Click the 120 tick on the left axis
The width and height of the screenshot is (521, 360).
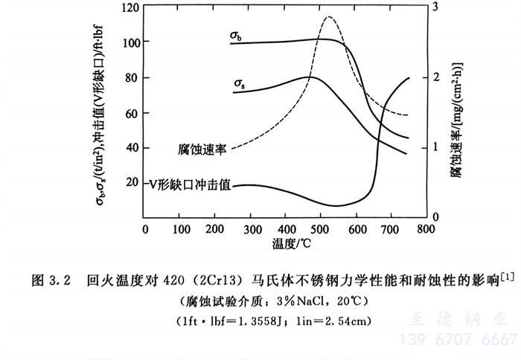130,8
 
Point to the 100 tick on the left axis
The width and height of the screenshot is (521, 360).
130,42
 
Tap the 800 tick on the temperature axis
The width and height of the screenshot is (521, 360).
426,229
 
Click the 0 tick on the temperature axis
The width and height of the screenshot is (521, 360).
146,229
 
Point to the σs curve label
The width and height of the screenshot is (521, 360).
240,83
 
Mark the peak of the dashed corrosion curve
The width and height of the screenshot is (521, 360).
328,17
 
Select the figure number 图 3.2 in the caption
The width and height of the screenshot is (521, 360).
51,281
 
